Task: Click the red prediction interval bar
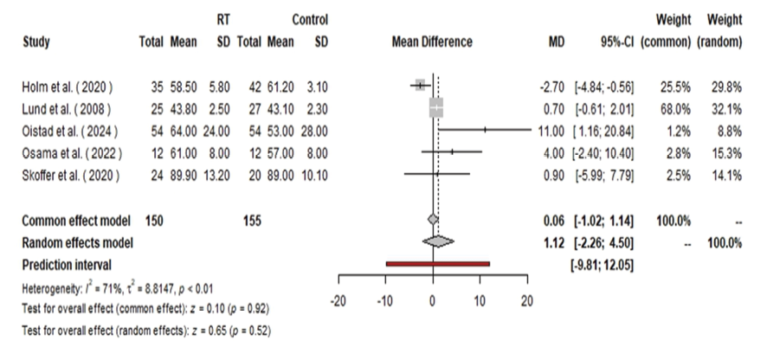point(438,263)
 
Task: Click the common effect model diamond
point(433,221)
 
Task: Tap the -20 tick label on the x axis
point(338,300)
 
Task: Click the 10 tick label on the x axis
point(480,300)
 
